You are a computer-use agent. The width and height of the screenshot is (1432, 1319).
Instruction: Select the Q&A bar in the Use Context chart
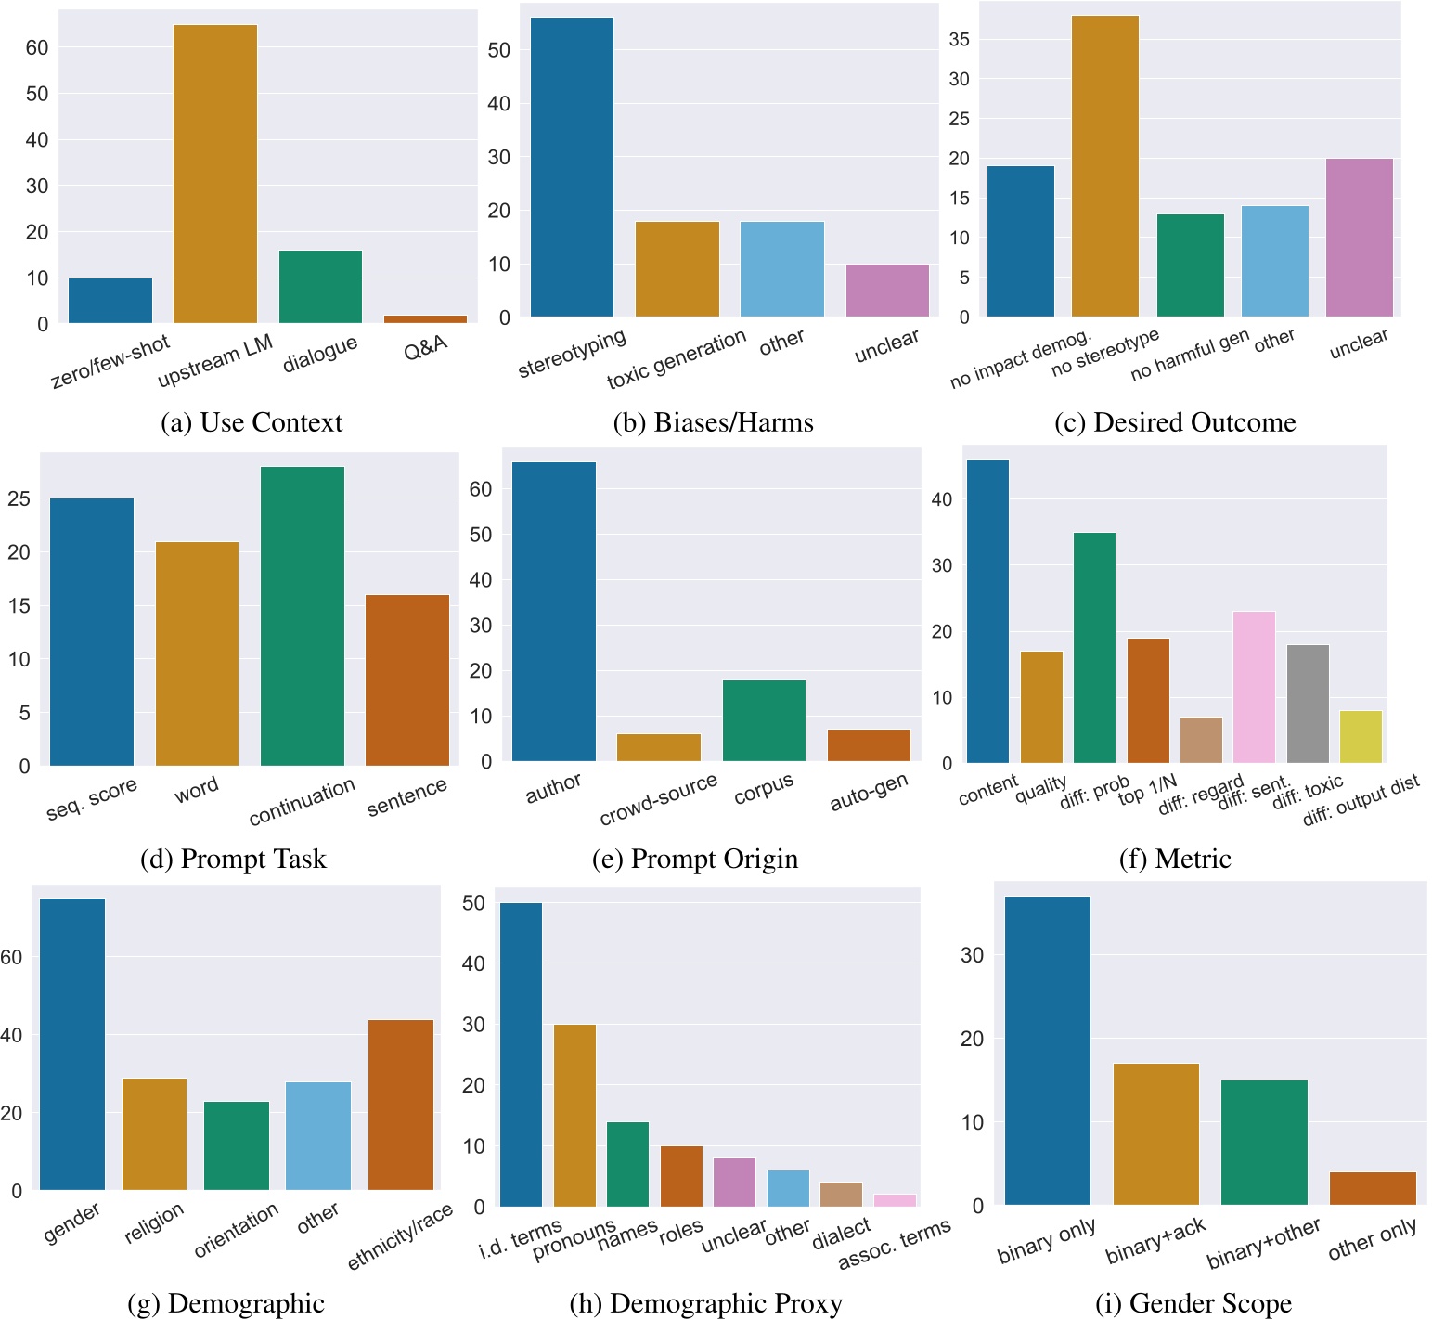point(425,319)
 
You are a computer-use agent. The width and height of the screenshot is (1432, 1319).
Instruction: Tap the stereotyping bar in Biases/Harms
point(572,167)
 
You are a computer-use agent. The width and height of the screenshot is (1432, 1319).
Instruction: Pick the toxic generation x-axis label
point(677,360)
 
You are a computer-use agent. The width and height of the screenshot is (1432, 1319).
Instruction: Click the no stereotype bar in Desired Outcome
point(1104,167)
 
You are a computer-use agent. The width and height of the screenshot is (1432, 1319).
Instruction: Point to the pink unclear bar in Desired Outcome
point(1359,238)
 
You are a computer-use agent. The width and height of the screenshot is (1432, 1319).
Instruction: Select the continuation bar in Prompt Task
point(303,616)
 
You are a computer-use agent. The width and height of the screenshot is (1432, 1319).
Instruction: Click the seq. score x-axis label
point(92,799)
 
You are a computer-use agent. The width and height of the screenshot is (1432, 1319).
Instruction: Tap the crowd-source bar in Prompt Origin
point(659,748)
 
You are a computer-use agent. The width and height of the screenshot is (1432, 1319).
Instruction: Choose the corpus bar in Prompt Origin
point(764,721)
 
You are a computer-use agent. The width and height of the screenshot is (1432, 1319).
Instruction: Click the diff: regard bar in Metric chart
point(1201,741)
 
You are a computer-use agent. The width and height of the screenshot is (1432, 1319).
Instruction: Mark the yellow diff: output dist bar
point(1361,737)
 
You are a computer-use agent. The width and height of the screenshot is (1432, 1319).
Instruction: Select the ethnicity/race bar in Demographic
point(401,1105)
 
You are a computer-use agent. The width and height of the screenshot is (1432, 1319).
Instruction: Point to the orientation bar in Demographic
point(237,1145)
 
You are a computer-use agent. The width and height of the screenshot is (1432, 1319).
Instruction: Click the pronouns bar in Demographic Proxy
point(574,1116)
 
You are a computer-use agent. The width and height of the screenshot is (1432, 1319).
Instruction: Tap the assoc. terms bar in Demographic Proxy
point(895,1200)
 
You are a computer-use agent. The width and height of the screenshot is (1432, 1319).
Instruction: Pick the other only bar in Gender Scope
point(1373,1189)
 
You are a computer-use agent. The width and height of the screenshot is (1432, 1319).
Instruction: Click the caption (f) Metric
point(1175,860)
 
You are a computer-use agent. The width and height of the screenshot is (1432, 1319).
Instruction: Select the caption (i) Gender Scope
point(1193,1303)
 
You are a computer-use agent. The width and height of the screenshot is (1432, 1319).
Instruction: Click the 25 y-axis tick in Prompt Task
point(19,499)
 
